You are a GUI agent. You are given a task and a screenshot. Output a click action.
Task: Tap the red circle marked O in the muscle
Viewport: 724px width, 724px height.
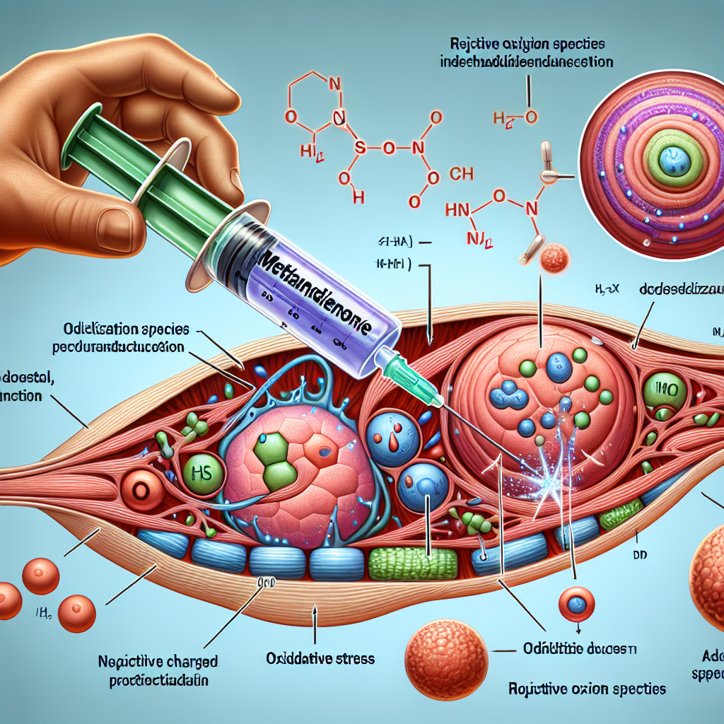pos(139,489)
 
